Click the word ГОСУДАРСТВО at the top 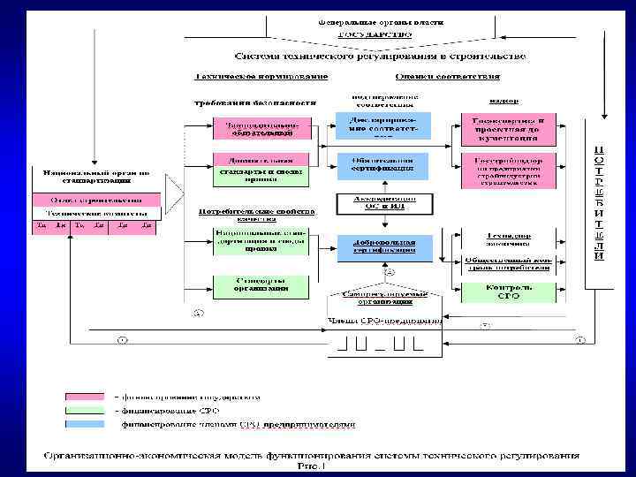(x=375, y=34)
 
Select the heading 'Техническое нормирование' (x=251, y=78)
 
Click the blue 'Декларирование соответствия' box (x=382, y=125)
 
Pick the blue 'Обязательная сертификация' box (x=382, y=164)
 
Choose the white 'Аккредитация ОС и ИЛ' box (x=382, y=203)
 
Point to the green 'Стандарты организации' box (x=261, y=285)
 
